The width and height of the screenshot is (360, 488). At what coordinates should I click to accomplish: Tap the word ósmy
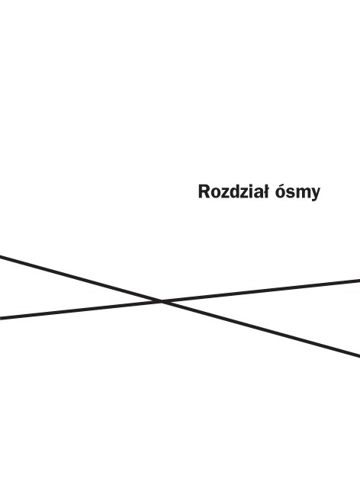(297, 193)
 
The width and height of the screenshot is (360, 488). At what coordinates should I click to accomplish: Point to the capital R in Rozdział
(204, 191)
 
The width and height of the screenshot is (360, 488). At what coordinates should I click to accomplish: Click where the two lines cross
(162, 301)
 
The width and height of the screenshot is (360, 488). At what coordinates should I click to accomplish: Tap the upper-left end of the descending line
(0, 256)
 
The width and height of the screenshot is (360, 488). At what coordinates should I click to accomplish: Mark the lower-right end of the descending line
(359, 355)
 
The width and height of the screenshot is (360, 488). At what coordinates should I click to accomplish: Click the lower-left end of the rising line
(0, 318)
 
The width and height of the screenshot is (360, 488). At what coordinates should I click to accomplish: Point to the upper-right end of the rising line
(359, 281)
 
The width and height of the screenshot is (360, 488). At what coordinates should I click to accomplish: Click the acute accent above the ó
(281, 185)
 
